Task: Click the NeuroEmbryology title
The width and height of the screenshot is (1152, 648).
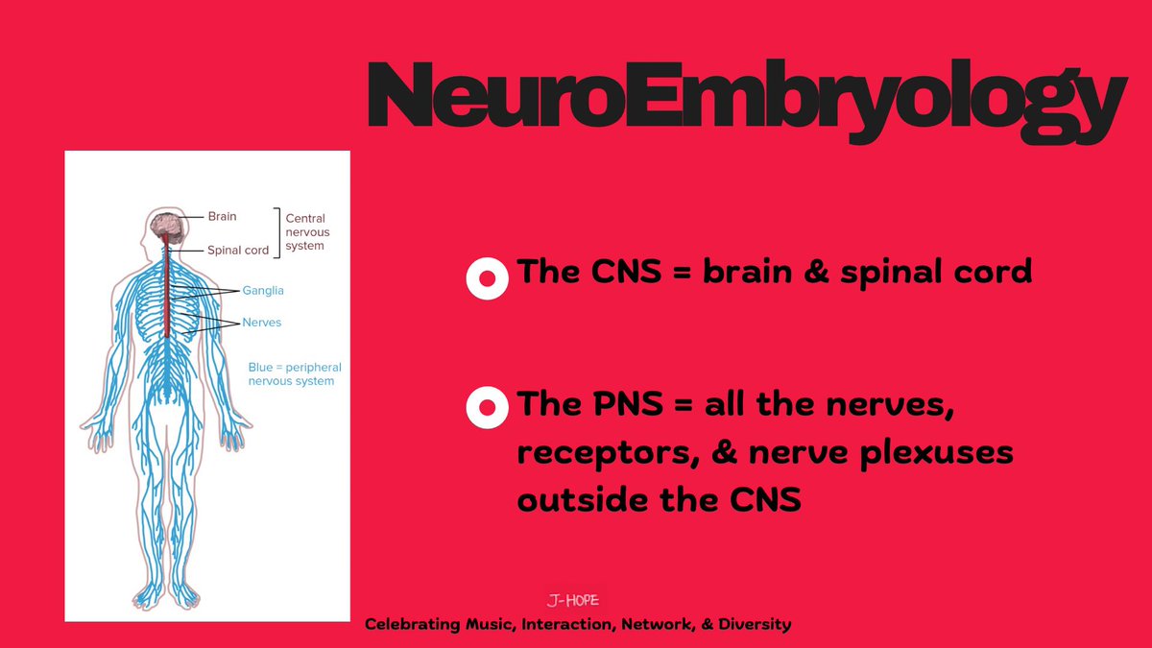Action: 744,95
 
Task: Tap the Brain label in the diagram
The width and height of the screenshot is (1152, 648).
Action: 222,217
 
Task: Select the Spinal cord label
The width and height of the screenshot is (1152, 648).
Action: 238,251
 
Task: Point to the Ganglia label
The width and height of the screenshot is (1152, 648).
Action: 262,290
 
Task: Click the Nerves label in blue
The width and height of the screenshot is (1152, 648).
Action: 261,323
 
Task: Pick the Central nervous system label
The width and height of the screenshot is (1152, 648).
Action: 305,231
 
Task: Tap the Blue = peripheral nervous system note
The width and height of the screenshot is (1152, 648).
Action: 295,374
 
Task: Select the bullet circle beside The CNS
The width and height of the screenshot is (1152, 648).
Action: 487,278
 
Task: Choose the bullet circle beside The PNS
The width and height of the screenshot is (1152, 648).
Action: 487,407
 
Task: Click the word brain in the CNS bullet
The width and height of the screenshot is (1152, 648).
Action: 749,272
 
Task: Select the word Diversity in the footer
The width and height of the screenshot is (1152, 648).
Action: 756,625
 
